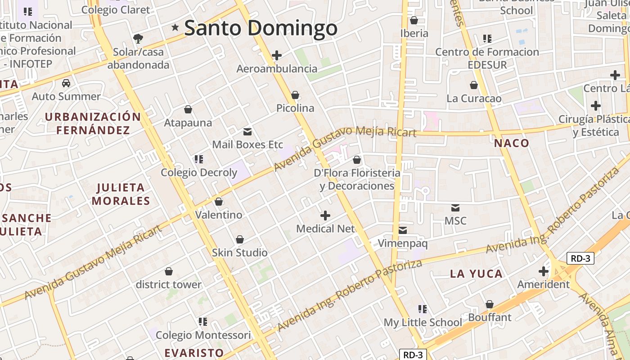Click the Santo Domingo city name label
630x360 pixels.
tap(261, 28)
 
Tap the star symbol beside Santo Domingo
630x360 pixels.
tap(175, 28)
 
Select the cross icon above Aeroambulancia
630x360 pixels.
tap(277, 55)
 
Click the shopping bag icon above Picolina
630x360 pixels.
tap(295, 95)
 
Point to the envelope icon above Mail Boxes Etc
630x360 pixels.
tap(247, 132)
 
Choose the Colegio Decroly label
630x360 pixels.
tap(199, 172)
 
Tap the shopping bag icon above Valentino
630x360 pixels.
tap(219, 202)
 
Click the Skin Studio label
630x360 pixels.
tap(240, 252)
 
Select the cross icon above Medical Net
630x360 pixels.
tap(325, 216)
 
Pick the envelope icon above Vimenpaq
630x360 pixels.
tap(403, 230)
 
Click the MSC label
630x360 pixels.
tap(455, 221)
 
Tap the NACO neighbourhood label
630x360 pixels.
tap(512, 143)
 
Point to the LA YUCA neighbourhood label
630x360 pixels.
tap(476, 274)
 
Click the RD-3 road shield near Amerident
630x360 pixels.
tap(580, 258)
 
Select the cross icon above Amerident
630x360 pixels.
tap(544, 271)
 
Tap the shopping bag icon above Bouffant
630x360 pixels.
tap(490, 305)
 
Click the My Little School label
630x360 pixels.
tap(423, 322)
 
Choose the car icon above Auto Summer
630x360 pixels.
tap(66, 83)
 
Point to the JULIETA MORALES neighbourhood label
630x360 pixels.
tap(121, 194)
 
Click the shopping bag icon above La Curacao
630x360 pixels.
tap(473, 85)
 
